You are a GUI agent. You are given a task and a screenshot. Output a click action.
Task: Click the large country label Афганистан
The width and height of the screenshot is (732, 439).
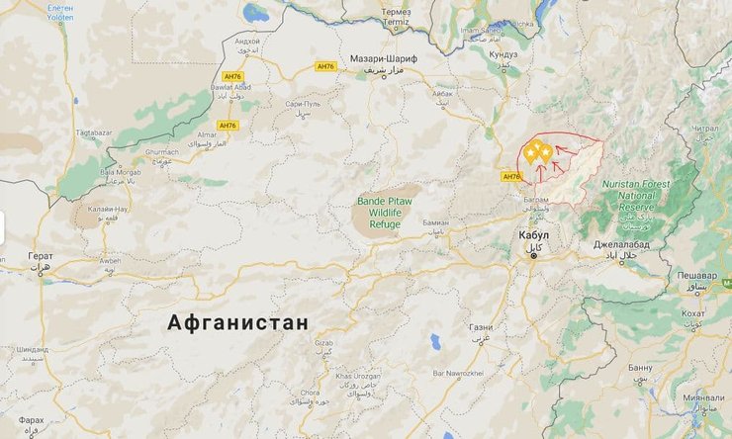tap(237, 322)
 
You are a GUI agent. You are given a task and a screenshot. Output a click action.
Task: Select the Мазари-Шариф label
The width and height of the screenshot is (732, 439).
tap(385, 59)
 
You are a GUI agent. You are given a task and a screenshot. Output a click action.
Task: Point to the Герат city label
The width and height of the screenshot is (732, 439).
tap(41, 256)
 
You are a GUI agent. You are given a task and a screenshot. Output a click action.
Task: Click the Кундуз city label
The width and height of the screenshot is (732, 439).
tap(503, 54)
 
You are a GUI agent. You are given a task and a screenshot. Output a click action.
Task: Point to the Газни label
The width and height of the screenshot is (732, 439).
tap(481, 327)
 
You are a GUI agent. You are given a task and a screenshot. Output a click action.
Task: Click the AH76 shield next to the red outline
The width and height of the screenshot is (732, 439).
tap(510, 177)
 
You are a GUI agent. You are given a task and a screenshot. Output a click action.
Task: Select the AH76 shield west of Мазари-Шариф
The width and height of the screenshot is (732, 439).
tap(326, 66)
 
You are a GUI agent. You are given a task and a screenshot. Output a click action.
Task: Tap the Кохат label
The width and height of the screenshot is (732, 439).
tap(693, 313)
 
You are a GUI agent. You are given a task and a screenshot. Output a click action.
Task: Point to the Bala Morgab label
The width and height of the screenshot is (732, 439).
tap(120, 171)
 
